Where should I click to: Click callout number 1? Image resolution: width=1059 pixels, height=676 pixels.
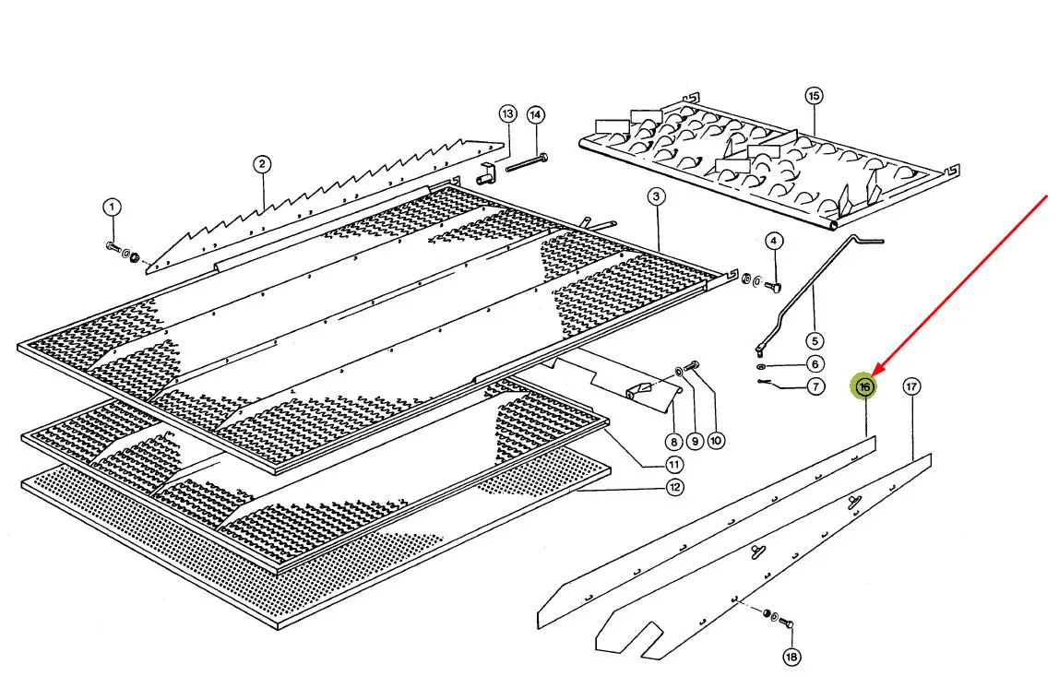click(x=113, y=208)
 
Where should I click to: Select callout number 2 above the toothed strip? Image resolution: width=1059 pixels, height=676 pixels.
click(x=262, y=164)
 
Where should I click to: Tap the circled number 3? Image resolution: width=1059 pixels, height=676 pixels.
click(x=656, y=196)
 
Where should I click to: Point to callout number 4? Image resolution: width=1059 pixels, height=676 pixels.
click(x=774, y=241)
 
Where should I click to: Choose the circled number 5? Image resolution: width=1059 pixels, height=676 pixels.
click(x=815, y=341)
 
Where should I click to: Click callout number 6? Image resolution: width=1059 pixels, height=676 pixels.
click(x=815, y=364)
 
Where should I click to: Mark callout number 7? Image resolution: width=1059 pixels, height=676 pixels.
click(x=815, y=387)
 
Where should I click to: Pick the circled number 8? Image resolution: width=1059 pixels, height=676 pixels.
click(x=673, y=443)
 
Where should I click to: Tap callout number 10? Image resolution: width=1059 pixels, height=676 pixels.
click(x=716, y=441)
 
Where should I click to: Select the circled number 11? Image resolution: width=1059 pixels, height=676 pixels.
click(x=674, y=465)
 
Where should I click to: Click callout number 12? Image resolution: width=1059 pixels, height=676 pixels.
click(x=674, y=487)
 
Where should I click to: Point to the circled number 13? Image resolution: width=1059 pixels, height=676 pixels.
click(x=508, y=113)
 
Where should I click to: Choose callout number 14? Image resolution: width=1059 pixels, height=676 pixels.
click(x=536, y=114)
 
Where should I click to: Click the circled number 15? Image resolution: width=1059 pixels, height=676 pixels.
click(x=814, y=96)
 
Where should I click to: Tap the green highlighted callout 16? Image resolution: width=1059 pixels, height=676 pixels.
click(x=863, y=387)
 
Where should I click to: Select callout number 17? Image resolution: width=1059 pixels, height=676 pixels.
click(x=911, y=386)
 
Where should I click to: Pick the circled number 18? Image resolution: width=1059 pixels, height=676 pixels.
click(x=791, y=656)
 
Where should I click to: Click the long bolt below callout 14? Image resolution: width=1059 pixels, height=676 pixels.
click(x=527, y=162)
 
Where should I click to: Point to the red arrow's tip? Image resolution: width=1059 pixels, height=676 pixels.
click(x=873, y=376)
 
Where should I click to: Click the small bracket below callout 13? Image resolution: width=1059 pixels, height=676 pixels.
click(x=485, y=174)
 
